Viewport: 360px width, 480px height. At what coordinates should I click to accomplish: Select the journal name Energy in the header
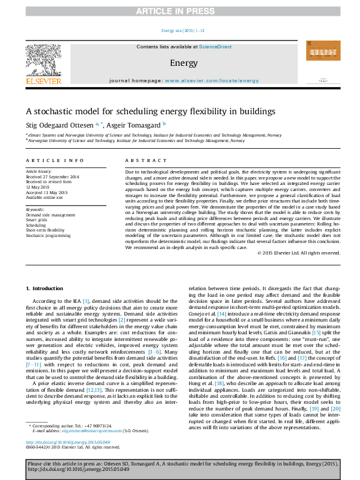pyautogui.click(x=183, y=62)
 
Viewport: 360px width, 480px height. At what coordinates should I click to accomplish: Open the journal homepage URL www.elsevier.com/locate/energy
pyautogui.click(x=212, y=80)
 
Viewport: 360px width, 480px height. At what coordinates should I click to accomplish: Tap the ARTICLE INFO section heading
pyautogui.click(x=54, y=160)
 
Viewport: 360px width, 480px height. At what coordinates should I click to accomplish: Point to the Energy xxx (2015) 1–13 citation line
pyautogui.click(x=183, y=30)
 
